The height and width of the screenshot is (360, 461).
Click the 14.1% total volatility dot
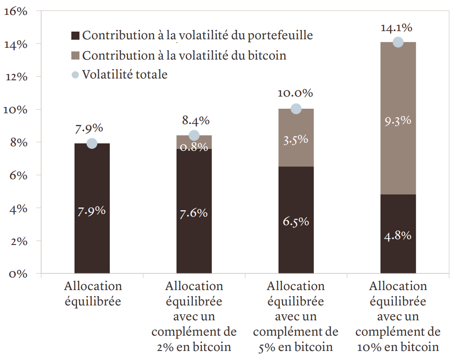tap(398, 42)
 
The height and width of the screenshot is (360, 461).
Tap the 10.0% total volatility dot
tap(296, 109)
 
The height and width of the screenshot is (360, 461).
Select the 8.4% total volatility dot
tap(194, 135)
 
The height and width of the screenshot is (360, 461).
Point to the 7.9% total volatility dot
tap(92, 143)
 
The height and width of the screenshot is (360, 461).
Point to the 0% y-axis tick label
tap(18, 274)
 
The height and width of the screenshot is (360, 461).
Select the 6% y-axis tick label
tap(18, 175)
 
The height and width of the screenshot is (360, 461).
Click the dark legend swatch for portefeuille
tap(75, 35)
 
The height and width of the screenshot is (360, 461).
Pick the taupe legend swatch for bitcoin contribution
tap(75, 55)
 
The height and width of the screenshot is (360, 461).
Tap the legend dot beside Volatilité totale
tap(75, 74)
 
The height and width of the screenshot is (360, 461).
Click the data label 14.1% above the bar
tap(396, 28)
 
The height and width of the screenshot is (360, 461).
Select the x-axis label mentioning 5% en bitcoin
tap(296, 316)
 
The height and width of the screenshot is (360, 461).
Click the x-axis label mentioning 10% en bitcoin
tap(398, 316)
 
